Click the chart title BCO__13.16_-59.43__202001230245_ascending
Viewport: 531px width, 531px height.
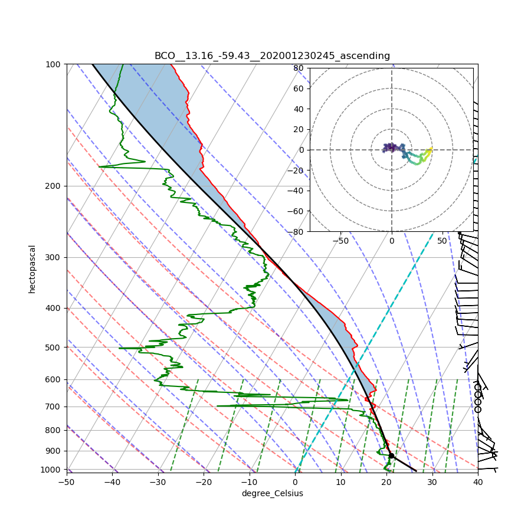[x=272, y=56]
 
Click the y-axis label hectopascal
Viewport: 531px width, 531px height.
[x=32, y=268]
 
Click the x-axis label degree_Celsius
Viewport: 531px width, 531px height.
[x=272, y=493]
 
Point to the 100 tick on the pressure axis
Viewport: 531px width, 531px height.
[x=54, y=64]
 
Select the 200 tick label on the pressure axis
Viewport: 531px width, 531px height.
[x=54, y=186]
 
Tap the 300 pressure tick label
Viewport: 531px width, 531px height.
[x=54, y=257]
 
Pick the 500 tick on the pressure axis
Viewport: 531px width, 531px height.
[x=54, y=347]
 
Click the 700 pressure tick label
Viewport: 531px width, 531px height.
[x=54, y=407]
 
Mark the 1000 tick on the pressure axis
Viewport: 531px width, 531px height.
[x=52, y=470]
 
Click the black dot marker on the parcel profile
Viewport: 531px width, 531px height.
[x=391, y=455]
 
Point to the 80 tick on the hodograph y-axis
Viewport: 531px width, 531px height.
[x=298, y=68]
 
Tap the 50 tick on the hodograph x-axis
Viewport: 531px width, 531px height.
[x=442, y=241]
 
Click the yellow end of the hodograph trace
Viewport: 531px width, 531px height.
[x=431, y=149]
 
